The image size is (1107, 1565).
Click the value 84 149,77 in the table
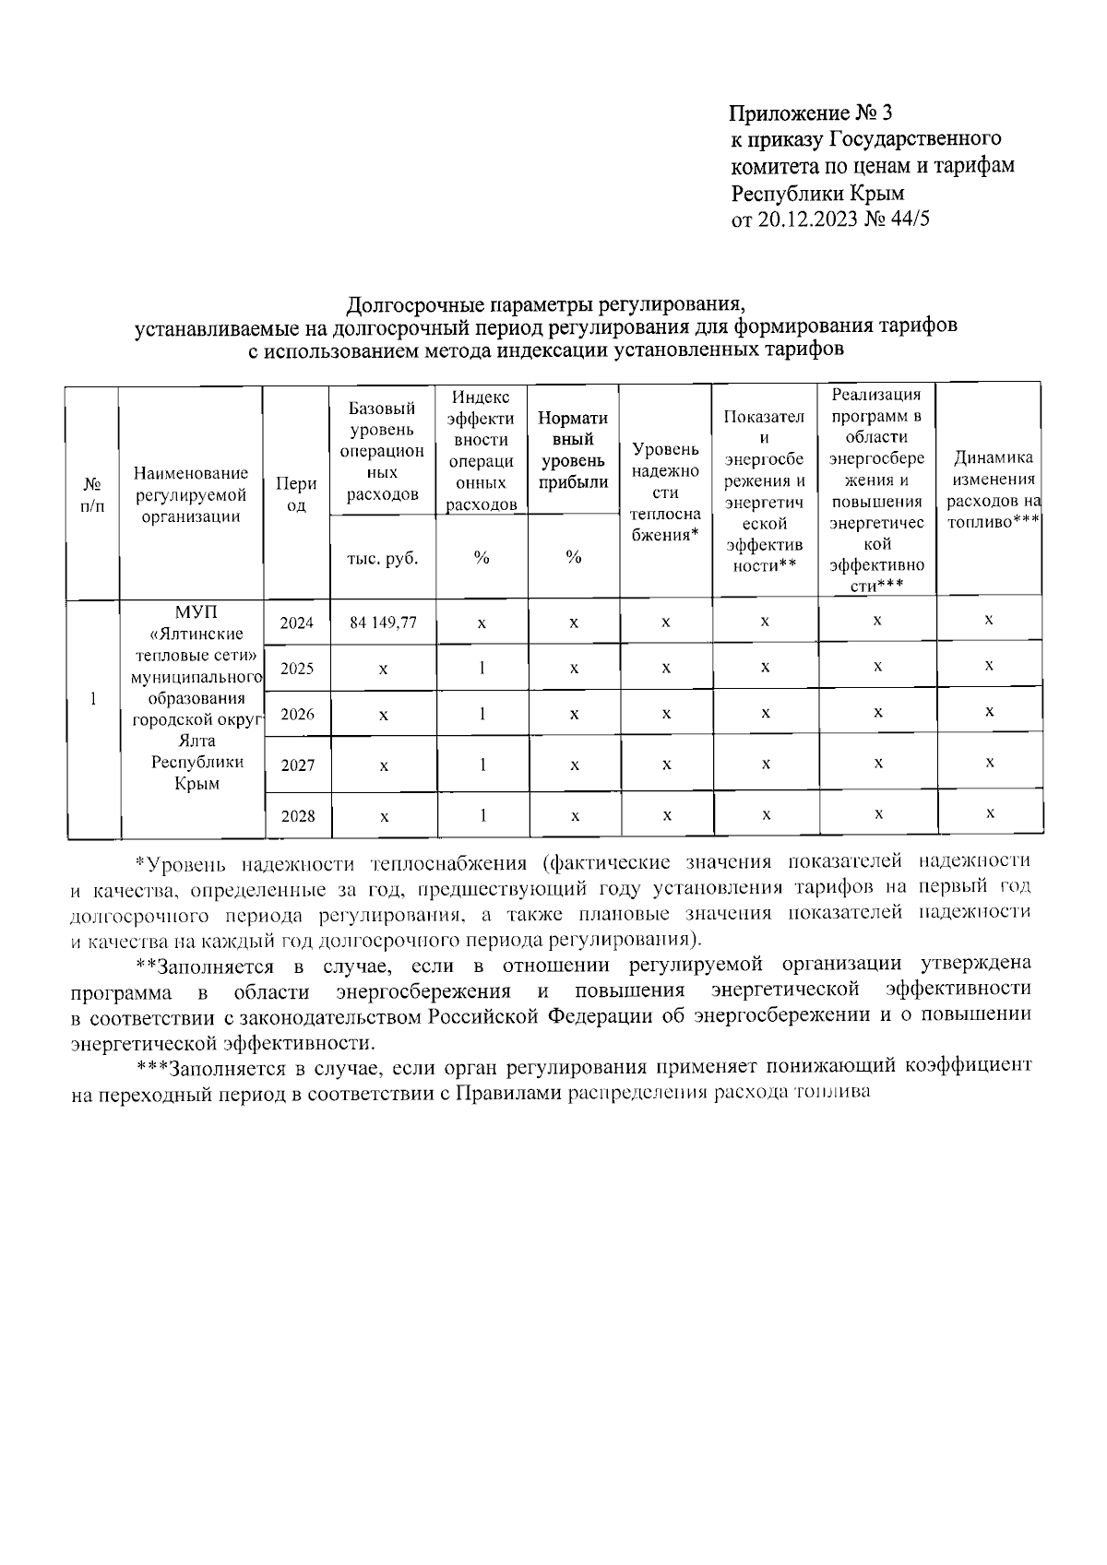pyautogui.click(x=383, y=622)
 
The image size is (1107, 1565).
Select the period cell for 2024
pyautogui.click(x=297, y=622)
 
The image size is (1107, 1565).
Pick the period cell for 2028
pyautogui.click(x=297, y=816)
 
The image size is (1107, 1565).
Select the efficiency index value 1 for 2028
pyautogui.click(x=482, y=815)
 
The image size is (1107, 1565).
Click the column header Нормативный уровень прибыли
pyautogui.click(x=573, y=450)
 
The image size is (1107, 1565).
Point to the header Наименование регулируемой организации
pyautogui.click(x=191, y=494)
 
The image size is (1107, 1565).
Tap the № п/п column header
pyautogui.click(x=92, y=494)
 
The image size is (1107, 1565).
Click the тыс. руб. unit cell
pyautogui.click(x=383, y=558)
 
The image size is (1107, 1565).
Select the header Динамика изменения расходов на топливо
pyautogui.click(x=989, y=490)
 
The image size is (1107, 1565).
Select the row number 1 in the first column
pyautogui.click(x=93, y=698)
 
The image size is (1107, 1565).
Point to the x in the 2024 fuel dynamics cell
pyautogui.click(x=988, y=621)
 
